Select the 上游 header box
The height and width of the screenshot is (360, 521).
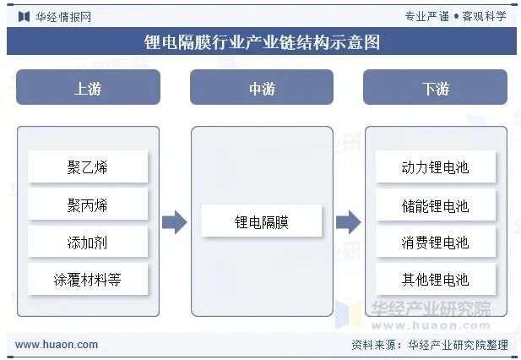click(x=88, y=88)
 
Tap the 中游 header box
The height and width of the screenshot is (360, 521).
click(x=261, y=88)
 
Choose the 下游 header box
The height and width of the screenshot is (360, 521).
click(x=435, y=88)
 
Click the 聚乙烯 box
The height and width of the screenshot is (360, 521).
click(x=88, y=166)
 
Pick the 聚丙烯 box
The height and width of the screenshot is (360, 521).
click(x=88, y=205)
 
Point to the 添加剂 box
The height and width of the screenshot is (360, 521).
click(x=88, y=242)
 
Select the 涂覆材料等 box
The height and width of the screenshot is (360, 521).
click(x=88, y=279)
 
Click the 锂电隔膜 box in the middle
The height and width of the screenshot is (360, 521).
click(x=262, y=222)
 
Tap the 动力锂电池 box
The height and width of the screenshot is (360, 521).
click(x=435, y=166)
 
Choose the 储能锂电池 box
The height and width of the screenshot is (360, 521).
click(x=435, y=205)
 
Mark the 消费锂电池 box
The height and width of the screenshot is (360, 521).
click(x=435, y=242)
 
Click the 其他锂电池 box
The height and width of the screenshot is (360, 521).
click(x=435, y=279)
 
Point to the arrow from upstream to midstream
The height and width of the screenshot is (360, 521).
click(x=174, y=222)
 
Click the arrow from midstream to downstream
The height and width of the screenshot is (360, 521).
click(x=348, y=222)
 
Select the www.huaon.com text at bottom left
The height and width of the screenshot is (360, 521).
click(x=57, y=345)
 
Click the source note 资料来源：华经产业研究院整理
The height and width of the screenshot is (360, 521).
click(x=429, y=345)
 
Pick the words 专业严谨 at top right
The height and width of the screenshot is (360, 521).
click(x=427, y=16)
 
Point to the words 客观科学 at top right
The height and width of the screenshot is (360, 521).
click(x=484, y=16)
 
